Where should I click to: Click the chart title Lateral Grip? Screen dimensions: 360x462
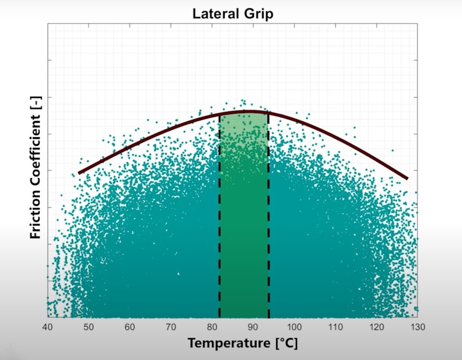tap(233, 14)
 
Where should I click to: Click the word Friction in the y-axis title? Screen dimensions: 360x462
tap(35, 214)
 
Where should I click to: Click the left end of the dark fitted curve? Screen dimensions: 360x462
tap(79, 172)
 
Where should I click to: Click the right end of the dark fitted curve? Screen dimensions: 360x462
tap(406, 178)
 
